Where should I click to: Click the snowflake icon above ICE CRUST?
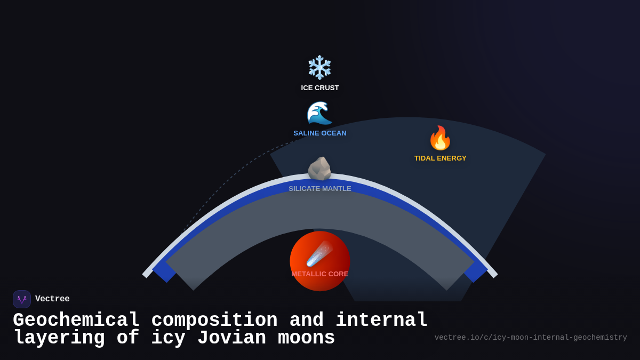point(320,68)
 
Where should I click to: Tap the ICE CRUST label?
point(320,88)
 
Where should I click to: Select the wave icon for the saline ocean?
point(319,113)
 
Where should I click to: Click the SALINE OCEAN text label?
point(320,133)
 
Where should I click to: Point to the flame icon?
point(440,138)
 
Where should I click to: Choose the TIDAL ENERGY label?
point(441,158)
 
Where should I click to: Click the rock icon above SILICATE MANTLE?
point(319,169)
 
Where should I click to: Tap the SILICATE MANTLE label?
point(320,189)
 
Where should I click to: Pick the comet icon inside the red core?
point(319,254)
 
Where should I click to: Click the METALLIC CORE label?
point(320,274)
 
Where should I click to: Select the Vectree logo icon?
point(22,299)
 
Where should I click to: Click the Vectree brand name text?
point(52,299)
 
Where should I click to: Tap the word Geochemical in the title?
point(76,321)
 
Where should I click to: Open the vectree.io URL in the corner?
point(531,338)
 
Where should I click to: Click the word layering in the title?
point(59,338)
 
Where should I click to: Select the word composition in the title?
point(214,321)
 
